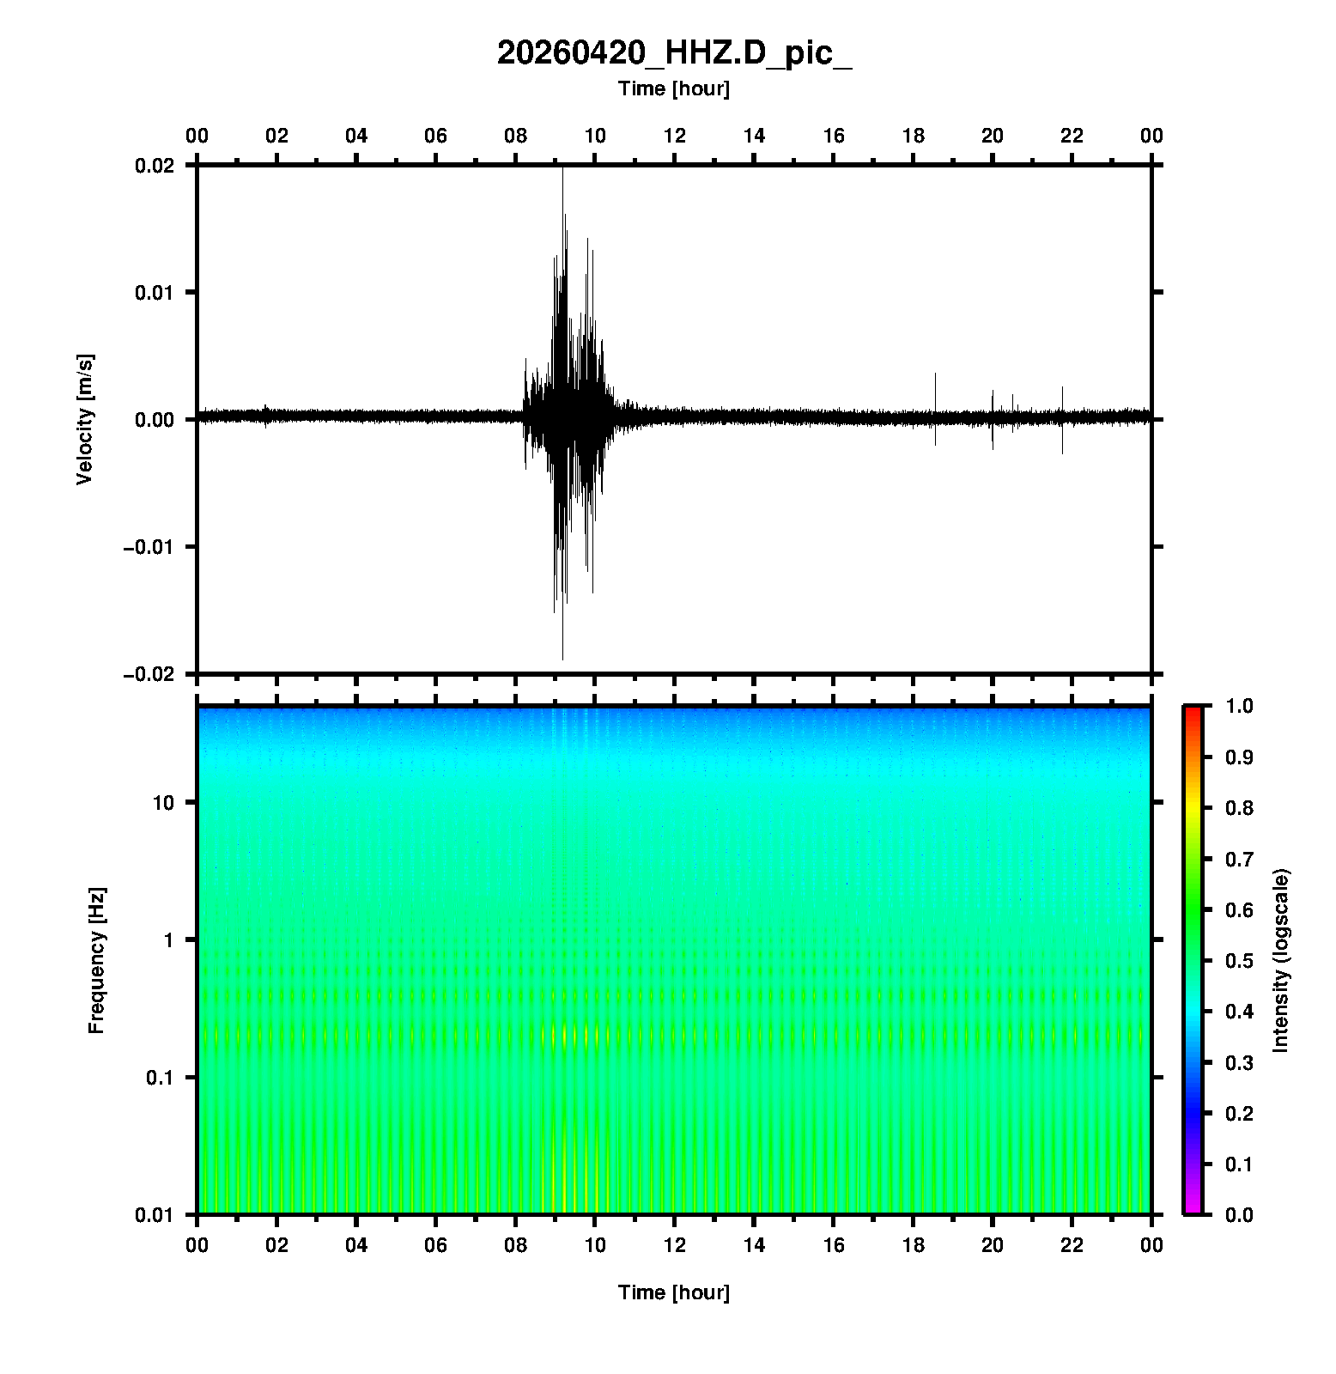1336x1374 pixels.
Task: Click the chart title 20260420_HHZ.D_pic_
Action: click(x=674, y=53)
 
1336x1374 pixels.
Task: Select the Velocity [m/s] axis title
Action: click(x=84, y=419)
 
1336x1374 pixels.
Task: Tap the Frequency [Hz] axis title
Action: click(x=96, y=961)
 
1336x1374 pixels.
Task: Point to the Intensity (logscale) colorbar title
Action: click(x=1281, y=960)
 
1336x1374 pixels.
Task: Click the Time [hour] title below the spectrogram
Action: click(x=674, y=1292)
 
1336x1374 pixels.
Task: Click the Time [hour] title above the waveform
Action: click(x=674, y=88)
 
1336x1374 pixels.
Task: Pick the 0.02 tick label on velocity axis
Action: click(x=155, y=166)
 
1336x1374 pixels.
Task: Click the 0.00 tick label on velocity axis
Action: click(x=155, y=420)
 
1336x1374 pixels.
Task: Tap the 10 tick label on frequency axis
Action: click(x=163, y=803)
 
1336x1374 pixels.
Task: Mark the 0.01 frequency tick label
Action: click(x=155, y=1215)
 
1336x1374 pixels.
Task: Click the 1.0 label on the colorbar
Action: click(x=1239, y=706)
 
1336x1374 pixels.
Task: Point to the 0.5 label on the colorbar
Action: click(x=1239, y=960)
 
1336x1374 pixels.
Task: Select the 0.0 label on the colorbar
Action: click(x=1239, y=1215)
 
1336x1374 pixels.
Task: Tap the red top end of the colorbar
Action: click(x=1193, y=711)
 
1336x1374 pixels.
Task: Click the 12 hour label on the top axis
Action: click(x=675, y=136)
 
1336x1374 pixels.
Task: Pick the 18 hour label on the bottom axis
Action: click(x=914, y=1245)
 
